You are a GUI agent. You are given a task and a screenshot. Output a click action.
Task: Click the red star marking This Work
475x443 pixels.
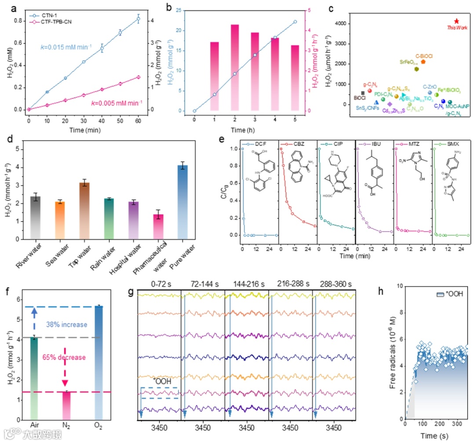pos(457,21)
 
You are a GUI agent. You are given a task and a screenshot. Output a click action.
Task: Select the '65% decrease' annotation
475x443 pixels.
pos(65,357)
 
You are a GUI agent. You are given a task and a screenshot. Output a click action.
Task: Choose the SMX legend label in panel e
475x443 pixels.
pos(449,144)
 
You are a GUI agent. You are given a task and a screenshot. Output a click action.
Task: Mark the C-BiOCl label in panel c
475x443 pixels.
pos(424,56)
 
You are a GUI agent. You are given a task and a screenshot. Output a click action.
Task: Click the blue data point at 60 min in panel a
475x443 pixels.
pos(138,19)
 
